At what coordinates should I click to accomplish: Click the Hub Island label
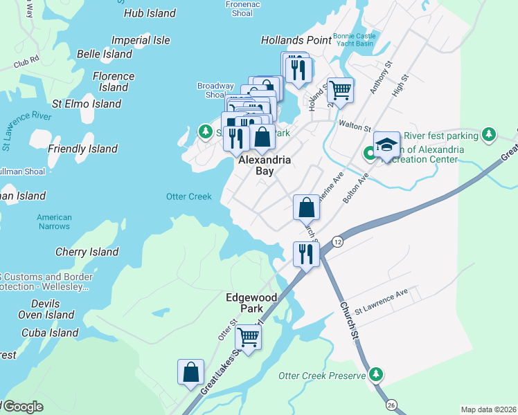150,13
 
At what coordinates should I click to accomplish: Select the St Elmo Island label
87,104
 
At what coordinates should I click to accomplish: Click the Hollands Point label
296,40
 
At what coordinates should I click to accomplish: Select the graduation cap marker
386,145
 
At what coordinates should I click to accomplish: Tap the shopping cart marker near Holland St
340,89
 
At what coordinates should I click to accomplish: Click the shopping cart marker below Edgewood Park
248,338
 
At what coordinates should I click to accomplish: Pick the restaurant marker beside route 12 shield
305,253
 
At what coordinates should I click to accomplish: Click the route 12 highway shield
337,241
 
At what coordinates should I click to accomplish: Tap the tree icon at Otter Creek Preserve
376,375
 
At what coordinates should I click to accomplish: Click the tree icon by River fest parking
489,133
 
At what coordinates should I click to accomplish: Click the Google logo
22,407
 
